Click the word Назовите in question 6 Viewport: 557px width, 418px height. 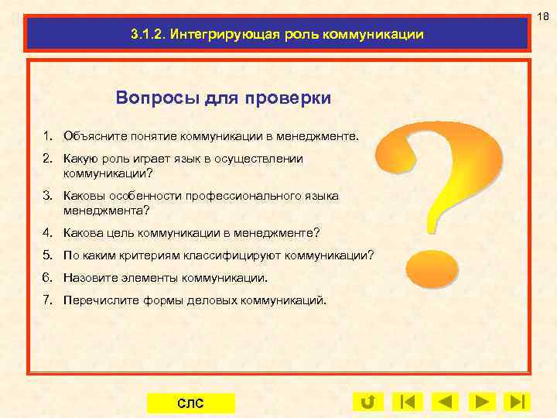pos(89,277)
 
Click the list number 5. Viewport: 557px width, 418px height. pos(48,255)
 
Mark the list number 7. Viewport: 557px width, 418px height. pos(48,300)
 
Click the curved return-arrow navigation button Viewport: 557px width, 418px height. pos(367,402)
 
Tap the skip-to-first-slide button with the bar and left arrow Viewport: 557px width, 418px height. pos(406,402)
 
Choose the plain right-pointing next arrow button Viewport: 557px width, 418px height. pos(482,402)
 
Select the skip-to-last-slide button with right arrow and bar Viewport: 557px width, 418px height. pos(518,402)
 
